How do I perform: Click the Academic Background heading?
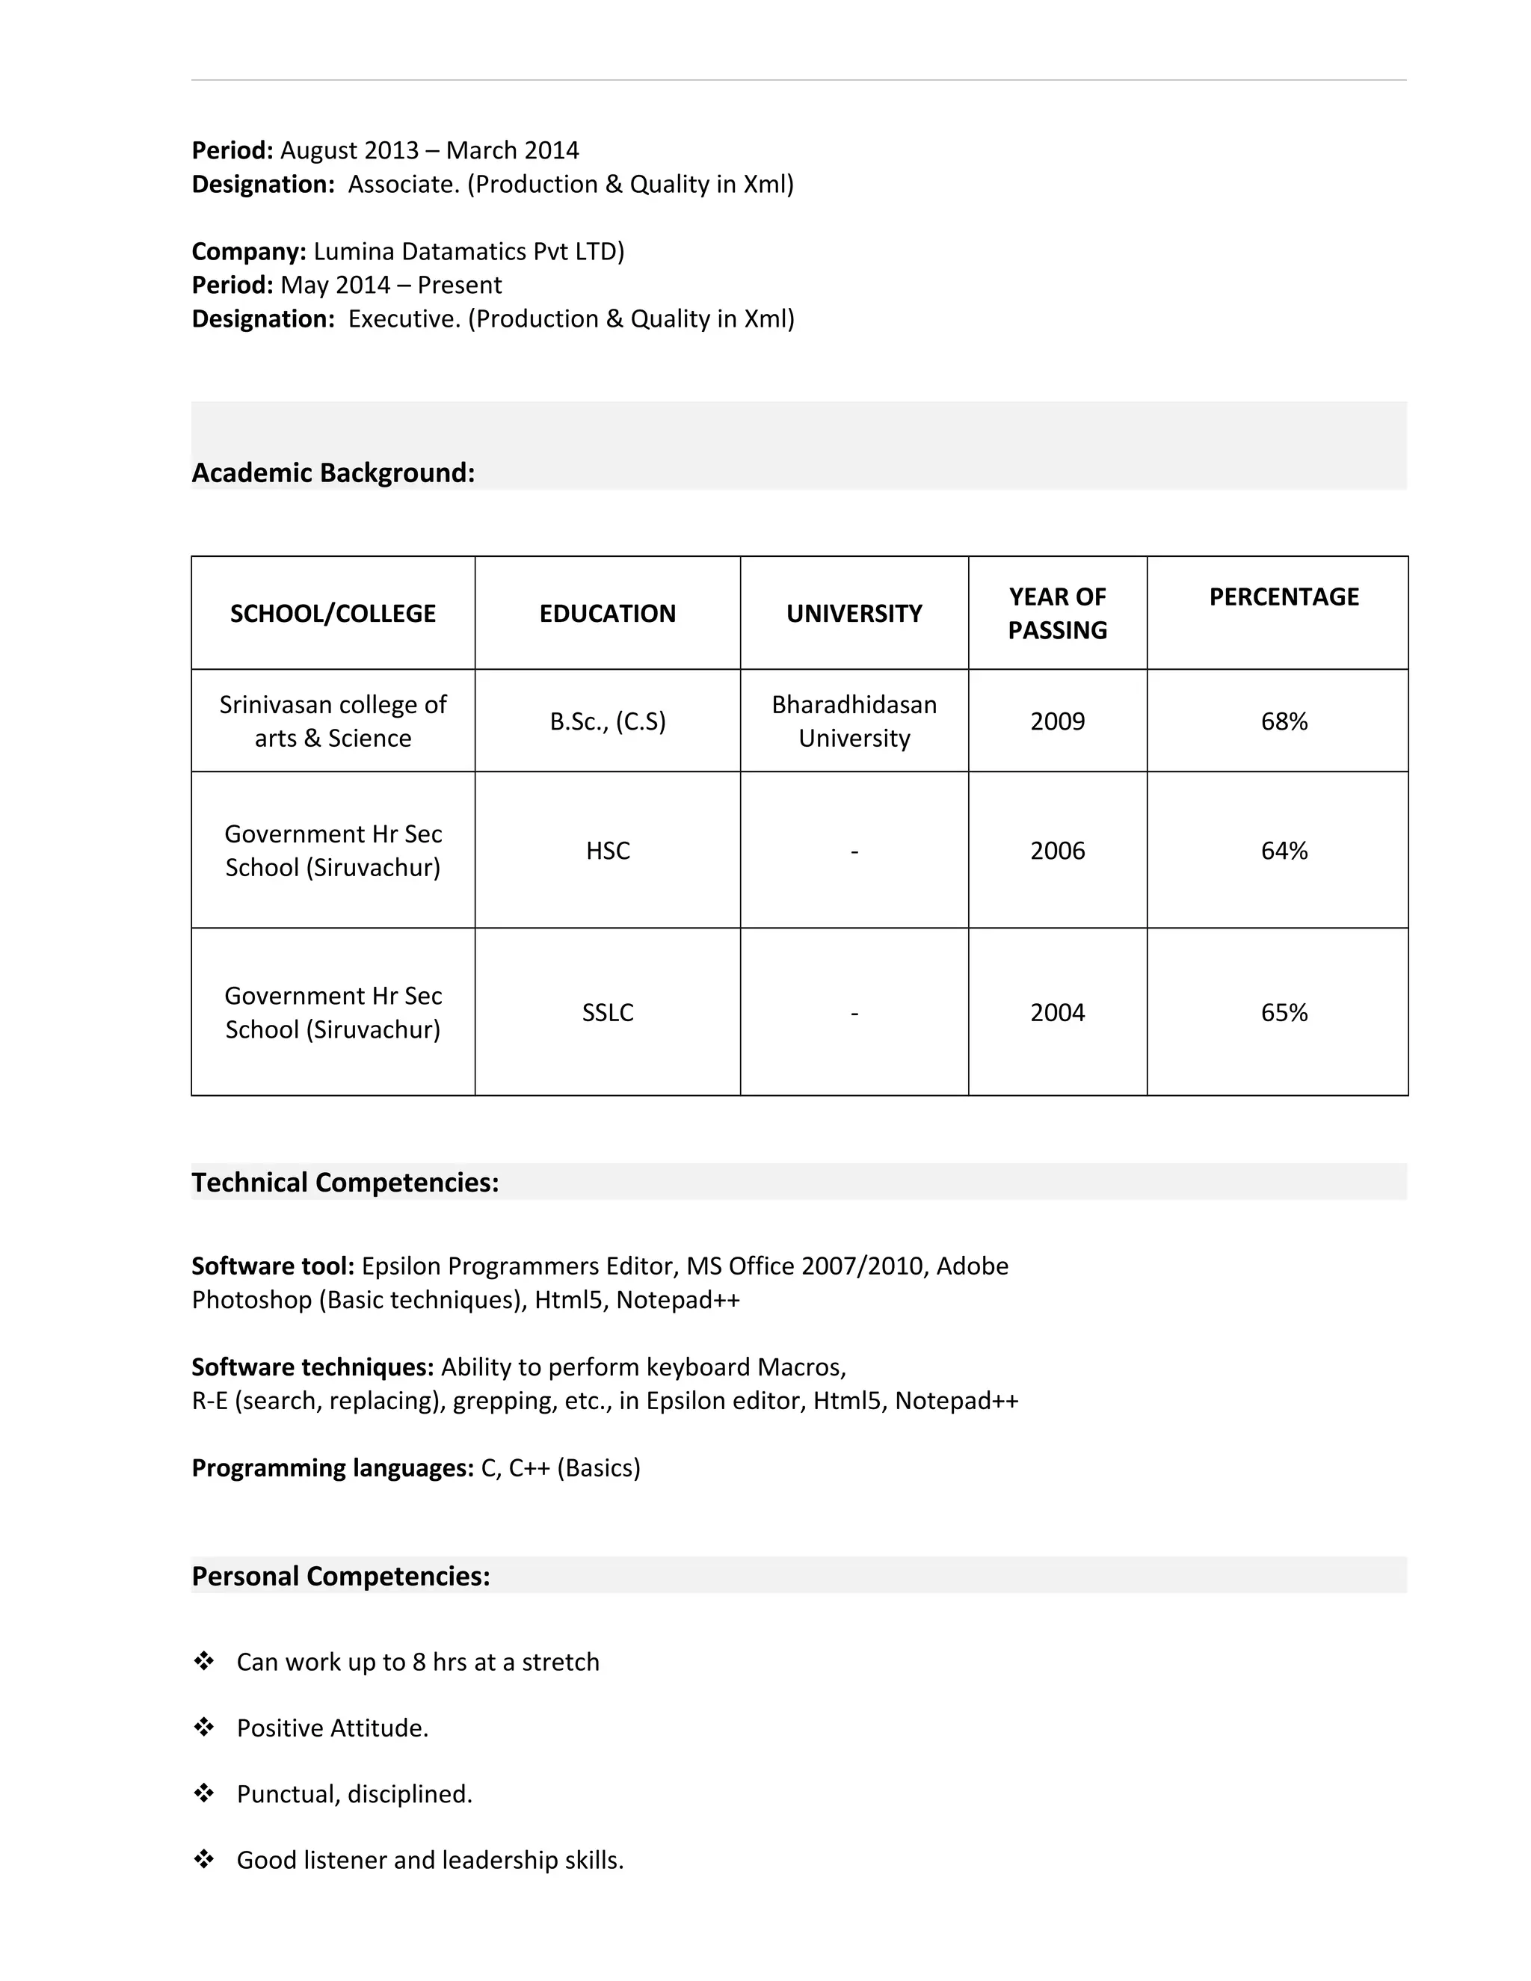pyautogui.click(x=333, y=472)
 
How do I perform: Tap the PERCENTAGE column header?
pyautogui.click(x=1283, y=597)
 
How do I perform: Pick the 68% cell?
pyautogui.click(x=1284, y=721)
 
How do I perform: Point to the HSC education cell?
pyautogui.click(x=607, y=851)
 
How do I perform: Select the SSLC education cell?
pyautogui.click(x=607, y=1012)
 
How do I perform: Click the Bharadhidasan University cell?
pyautogui.click(x=854, y=721)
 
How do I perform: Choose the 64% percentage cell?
pyautogui.click(x=1284, y=851)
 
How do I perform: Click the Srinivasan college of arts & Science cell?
pyautogui.click(x=333, y=721)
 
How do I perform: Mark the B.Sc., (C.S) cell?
pyautogui.click(x=607, y=721)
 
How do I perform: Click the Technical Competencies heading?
pyautogui.click(x=345, y=1183)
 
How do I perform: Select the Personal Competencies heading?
pyautogui.click(x=340, y=1577)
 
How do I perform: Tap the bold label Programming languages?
pyautogui.click(x=332, y=1467)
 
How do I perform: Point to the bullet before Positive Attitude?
pyautogui.click(x=204, y=1727)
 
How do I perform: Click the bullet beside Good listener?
pyautogui.click(x=204, y=1859)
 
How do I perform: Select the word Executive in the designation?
pyautogui.click(x=404, y=319)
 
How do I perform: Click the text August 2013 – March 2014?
pyautogui.click(x=429, y=150)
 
